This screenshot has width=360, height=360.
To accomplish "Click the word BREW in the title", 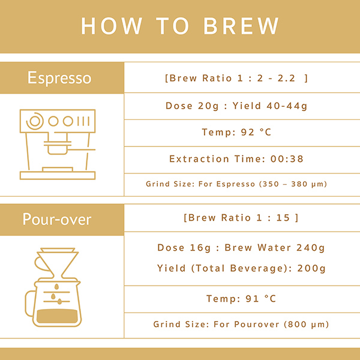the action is pyautogui.click(x=241, y=26).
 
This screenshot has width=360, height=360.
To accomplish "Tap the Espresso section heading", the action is pyautogui.click(x=59, y=78).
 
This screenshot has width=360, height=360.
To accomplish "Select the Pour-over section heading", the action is pyautogui.click(x=57, y=219).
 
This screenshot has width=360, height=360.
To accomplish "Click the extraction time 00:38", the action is pyautogui.click(x=287, y=159).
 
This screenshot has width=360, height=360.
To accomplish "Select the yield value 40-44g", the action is pyautogui.click(x=287, y=106).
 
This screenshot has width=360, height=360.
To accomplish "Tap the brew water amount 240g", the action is pyautogui.click(x=310, y=248).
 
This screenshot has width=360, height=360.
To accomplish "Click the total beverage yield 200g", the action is pyautogui.click(x=311, y=268).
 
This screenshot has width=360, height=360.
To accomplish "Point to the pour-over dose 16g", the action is pyautogui.click(x=200, y=248).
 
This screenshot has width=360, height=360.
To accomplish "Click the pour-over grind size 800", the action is pyautogui.click(x=297, y=325).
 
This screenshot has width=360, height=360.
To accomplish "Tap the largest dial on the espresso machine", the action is pyautogui.click(x=35, y=121).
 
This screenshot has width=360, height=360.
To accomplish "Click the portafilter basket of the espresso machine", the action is pyautogui.click(x=58, y=148).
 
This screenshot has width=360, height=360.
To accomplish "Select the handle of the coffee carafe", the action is pyautogui.click(x=31, y=303).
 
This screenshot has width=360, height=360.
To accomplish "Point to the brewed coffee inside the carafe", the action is pyautogui.click(x=57, y=316).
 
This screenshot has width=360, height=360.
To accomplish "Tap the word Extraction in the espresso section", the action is pyautogui.click(x=199, y=159).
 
